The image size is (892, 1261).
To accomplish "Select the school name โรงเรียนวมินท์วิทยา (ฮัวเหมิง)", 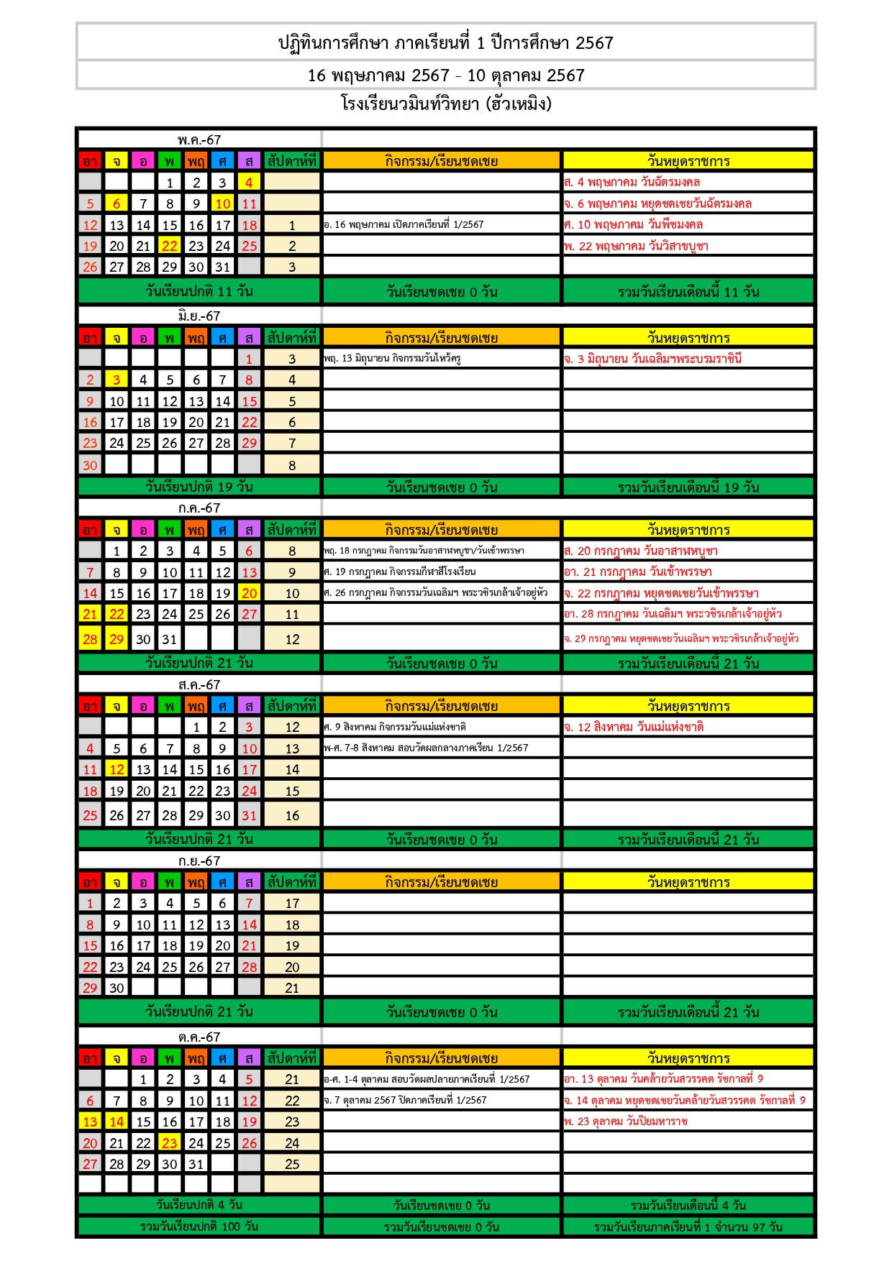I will [446, 104].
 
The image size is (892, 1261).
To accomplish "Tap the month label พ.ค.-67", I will [199, 139].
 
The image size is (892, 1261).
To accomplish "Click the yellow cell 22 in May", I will [170, 246].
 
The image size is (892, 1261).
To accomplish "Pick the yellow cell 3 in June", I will [117, 380].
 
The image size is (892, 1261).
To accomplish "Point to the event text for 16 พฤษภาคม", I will [404, 225].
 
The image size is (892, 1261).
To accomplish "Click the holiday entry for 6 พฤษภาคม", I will [657, 203].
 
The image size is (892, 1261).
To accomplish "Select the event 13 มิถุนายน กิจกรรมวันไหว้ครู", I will [392, 358].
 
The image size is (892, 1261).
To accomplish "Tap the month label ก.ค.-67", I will [199, 508].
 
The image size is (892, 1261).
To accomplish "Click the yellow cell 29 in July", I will [117, 639].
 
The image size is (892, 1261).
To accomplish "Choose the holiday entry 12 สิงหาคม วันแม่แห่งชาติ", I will [634, 727].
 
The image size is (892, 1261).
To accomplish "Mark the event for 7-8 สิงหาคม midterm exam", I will [426, 748].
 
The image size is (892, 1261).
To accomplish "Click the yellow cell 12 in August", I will [117, 769].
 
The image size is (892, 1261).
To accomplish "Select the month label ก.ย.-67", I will [199, 861].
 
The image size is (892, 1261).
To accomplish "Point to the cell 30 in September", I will [117, 988].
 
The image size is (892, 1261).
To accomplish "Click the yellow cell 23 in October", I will [170, 1143].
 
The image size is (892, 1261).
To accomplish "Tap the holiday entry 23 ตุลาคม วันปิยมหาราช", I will [626, 1122].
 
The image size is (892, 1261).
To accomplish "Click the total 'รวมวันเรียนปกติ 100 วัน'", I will [199, 1226].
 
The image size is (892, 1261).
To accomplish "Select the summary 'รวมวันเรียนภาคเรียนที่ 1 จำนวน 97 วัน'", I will [688, 1227].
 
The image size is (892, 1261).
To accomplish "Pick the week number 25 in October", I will [292, 1164].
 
